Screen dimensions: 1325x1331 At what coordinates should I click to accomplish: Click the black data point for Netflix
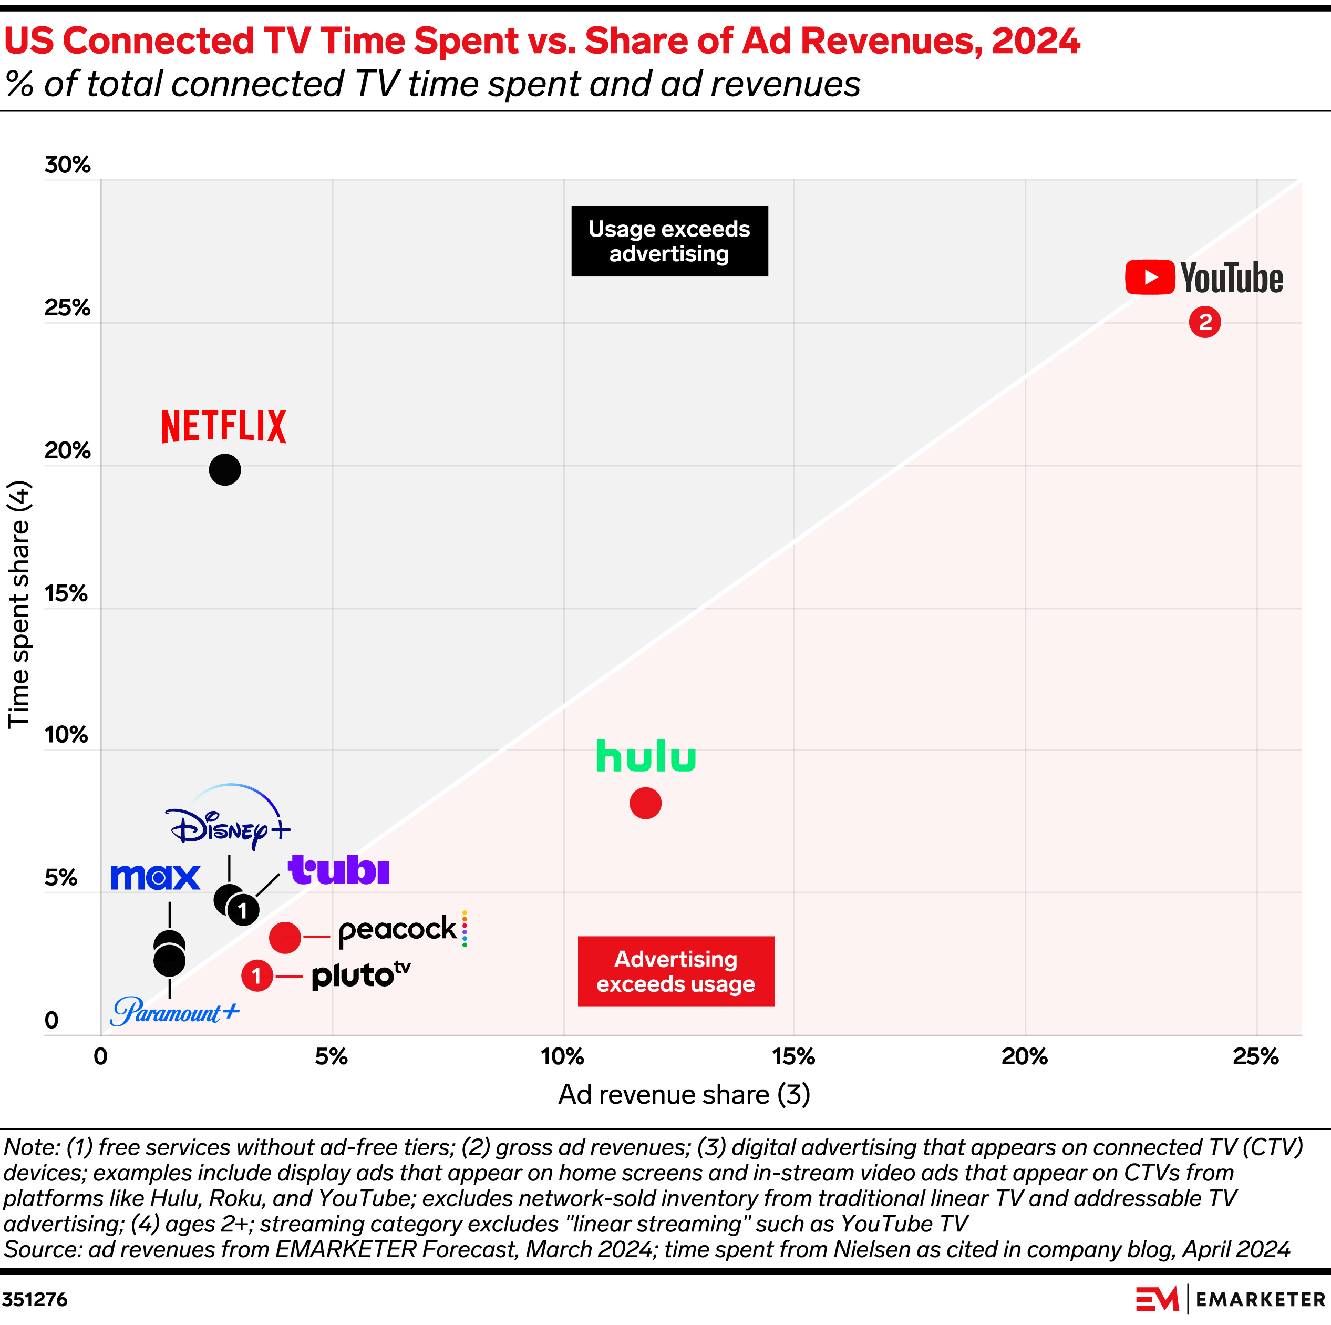224,470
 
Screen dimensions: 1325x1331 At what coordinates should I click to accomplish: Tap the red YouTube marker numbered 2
1204,322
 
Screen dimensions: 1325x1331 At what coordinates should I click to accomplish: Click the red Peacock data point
284,937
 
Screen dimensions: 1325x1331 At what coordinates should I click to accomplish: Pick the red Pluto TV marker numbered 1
257,975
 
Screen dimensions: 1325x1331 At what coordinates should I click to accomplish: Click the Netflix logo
223,426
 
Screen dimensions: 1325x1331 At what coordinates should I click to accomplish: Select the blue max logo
155,877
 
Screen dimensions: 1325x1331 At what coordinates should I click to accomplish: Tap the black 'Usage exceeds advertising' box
669,241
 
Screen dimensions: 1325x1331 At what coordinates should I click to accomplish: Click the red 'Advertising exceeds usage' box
675,971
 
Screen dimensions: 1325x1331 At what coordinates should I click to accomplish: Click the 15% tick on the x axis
793,1056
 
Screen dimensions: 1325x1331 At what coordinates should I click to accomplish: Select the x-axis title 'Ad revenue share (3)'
684,1094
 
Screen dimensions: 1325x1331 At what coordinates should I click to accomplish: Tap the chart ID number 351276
35,1299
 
